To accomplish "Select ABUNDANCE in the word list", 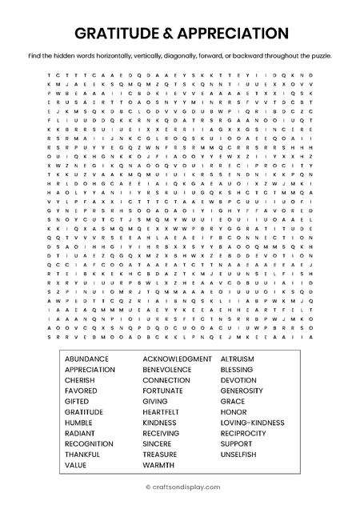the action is click(x=86, y=359).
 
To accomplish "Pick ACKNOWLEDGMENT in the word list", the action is click(x=177, y=359).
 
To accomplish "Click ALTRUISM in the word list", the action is click(x=238, y=359).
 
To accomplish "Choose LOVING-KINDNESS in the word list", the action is click(x=253, y=423).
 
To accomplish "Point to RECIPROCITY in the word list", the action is click(x=244, y=433).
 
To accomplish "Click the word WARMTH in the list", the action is click(x=158, y=464).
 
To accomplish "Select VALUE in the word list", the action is click(x=76, y=464).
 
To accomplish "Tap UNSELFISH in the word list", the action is click(x=240, y=454).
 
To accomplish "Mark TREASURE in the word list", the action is click(x=161, y=454).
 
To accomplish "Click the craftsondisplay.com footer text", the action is click(x=182, y=486).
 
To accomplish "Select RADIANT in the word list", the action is click(x=81, y=433).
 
